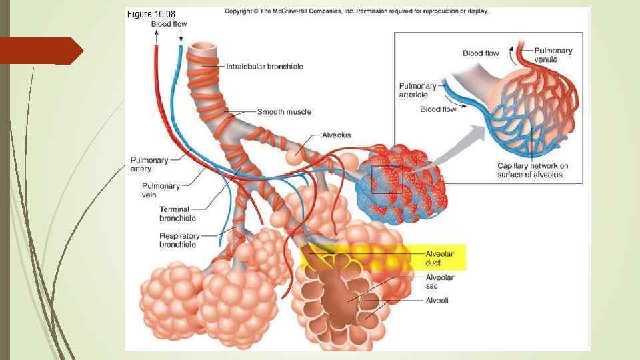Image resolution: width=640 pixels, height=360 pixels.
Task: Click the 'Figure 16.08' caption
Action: [x=151, y=13]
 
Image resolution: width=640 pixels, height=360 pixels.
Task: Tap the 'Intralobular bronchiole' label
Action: [x=265, y=66]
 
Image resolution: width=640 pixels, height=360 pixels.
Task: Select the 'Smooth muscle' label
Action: [x=284, y=111]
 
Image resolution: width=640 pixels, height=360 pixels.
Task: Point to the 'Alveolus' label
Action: [x=336, y=135]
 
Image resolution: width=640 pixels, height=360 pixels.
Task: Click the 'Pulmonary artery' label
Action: [x=149, y=164]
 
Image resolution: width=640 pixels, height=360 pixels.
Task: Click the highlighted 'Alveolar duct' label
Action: [x=439, y=258]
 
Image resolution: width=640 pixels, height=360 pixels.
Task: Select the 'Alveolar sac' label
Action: [x=439, y=281]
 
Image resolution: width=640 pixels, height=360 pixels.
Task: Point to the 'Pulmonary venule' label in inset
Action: [x=553, y=55]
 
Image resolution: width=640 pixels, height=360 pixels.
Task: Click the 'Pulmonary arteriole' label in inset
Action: [x=418, y=90]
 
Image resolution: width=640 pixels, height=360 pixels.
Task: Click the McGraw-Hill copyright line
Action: [x=356, y=11]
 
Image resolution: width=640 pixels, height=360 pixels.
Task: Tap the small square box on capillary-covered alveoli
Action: [x=387, y=179]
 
